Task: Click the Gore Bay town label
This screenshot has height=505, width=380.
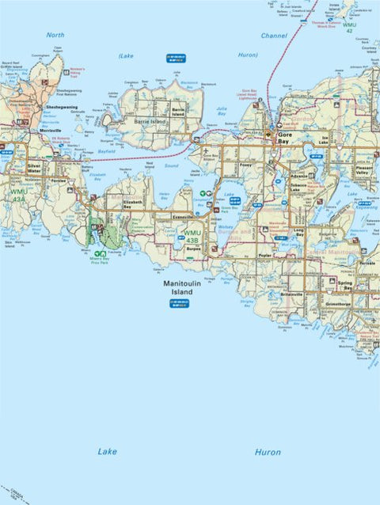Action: tap(286, 135)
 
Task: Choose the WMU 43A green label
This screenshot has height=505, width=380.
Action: tap(17, 195)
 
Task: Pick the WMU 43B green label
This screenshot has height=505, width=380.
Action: tap(192, 234)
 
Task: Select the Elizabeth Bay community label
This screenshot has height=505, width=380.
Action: tap(132, 203)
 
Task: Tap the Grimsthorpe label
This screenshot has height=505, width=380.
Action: tap(335, 302)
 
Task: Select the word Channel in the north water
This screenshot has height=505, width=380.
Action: tap(274, 36)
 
